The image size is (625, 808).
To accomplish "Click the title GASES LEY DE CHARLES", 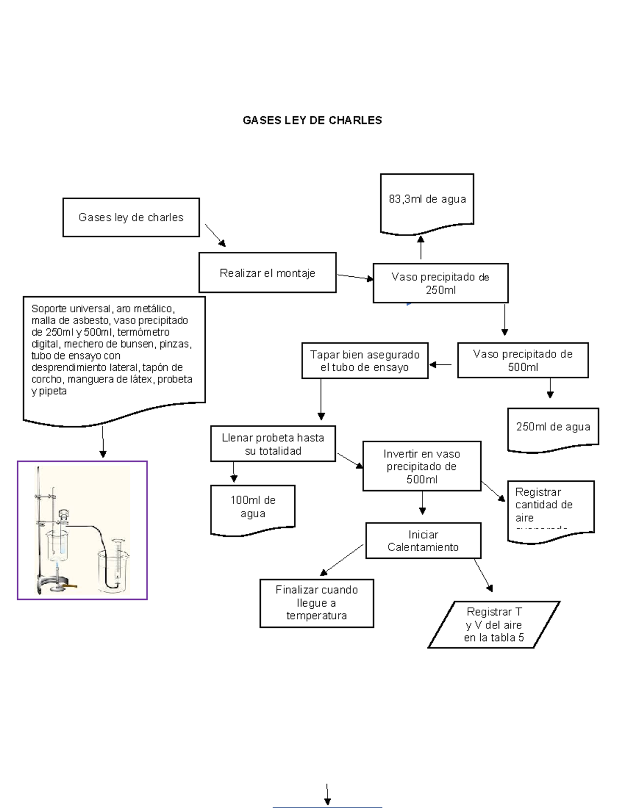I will point(312,120).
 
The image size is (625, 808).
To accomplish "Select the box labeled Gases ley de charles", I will point(131,217).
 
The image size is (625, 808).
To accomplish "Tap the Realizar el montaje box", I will point(267,273).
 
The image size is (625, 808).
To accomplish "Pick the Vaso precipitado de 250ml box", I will point(440,283).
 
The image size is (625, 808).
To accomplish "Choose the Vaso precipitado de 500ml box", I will point(522,360).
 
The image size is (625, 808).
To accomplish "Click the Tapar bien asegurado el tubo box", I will point(365,361).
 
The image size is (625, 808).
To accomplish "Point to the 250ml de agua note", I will point(553,428).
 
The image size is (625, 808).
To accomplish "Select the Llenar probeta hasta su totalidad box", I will point(273,444).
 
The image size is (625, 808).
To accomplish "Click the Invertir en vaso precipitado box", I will point(421,466).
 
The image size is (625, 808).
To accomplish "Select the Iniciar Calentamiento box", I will point(423,541).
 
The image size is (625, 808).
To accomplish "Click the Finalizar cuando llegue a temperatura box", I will point(317,603).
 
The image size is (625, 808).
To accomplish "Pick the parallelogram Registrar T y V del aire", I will point(493,625).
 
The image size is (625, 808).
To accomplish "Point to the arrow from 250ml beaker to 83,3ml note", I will point(421,247).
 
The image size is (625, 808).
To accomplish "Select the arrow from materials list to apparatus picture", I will point(103,441).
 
